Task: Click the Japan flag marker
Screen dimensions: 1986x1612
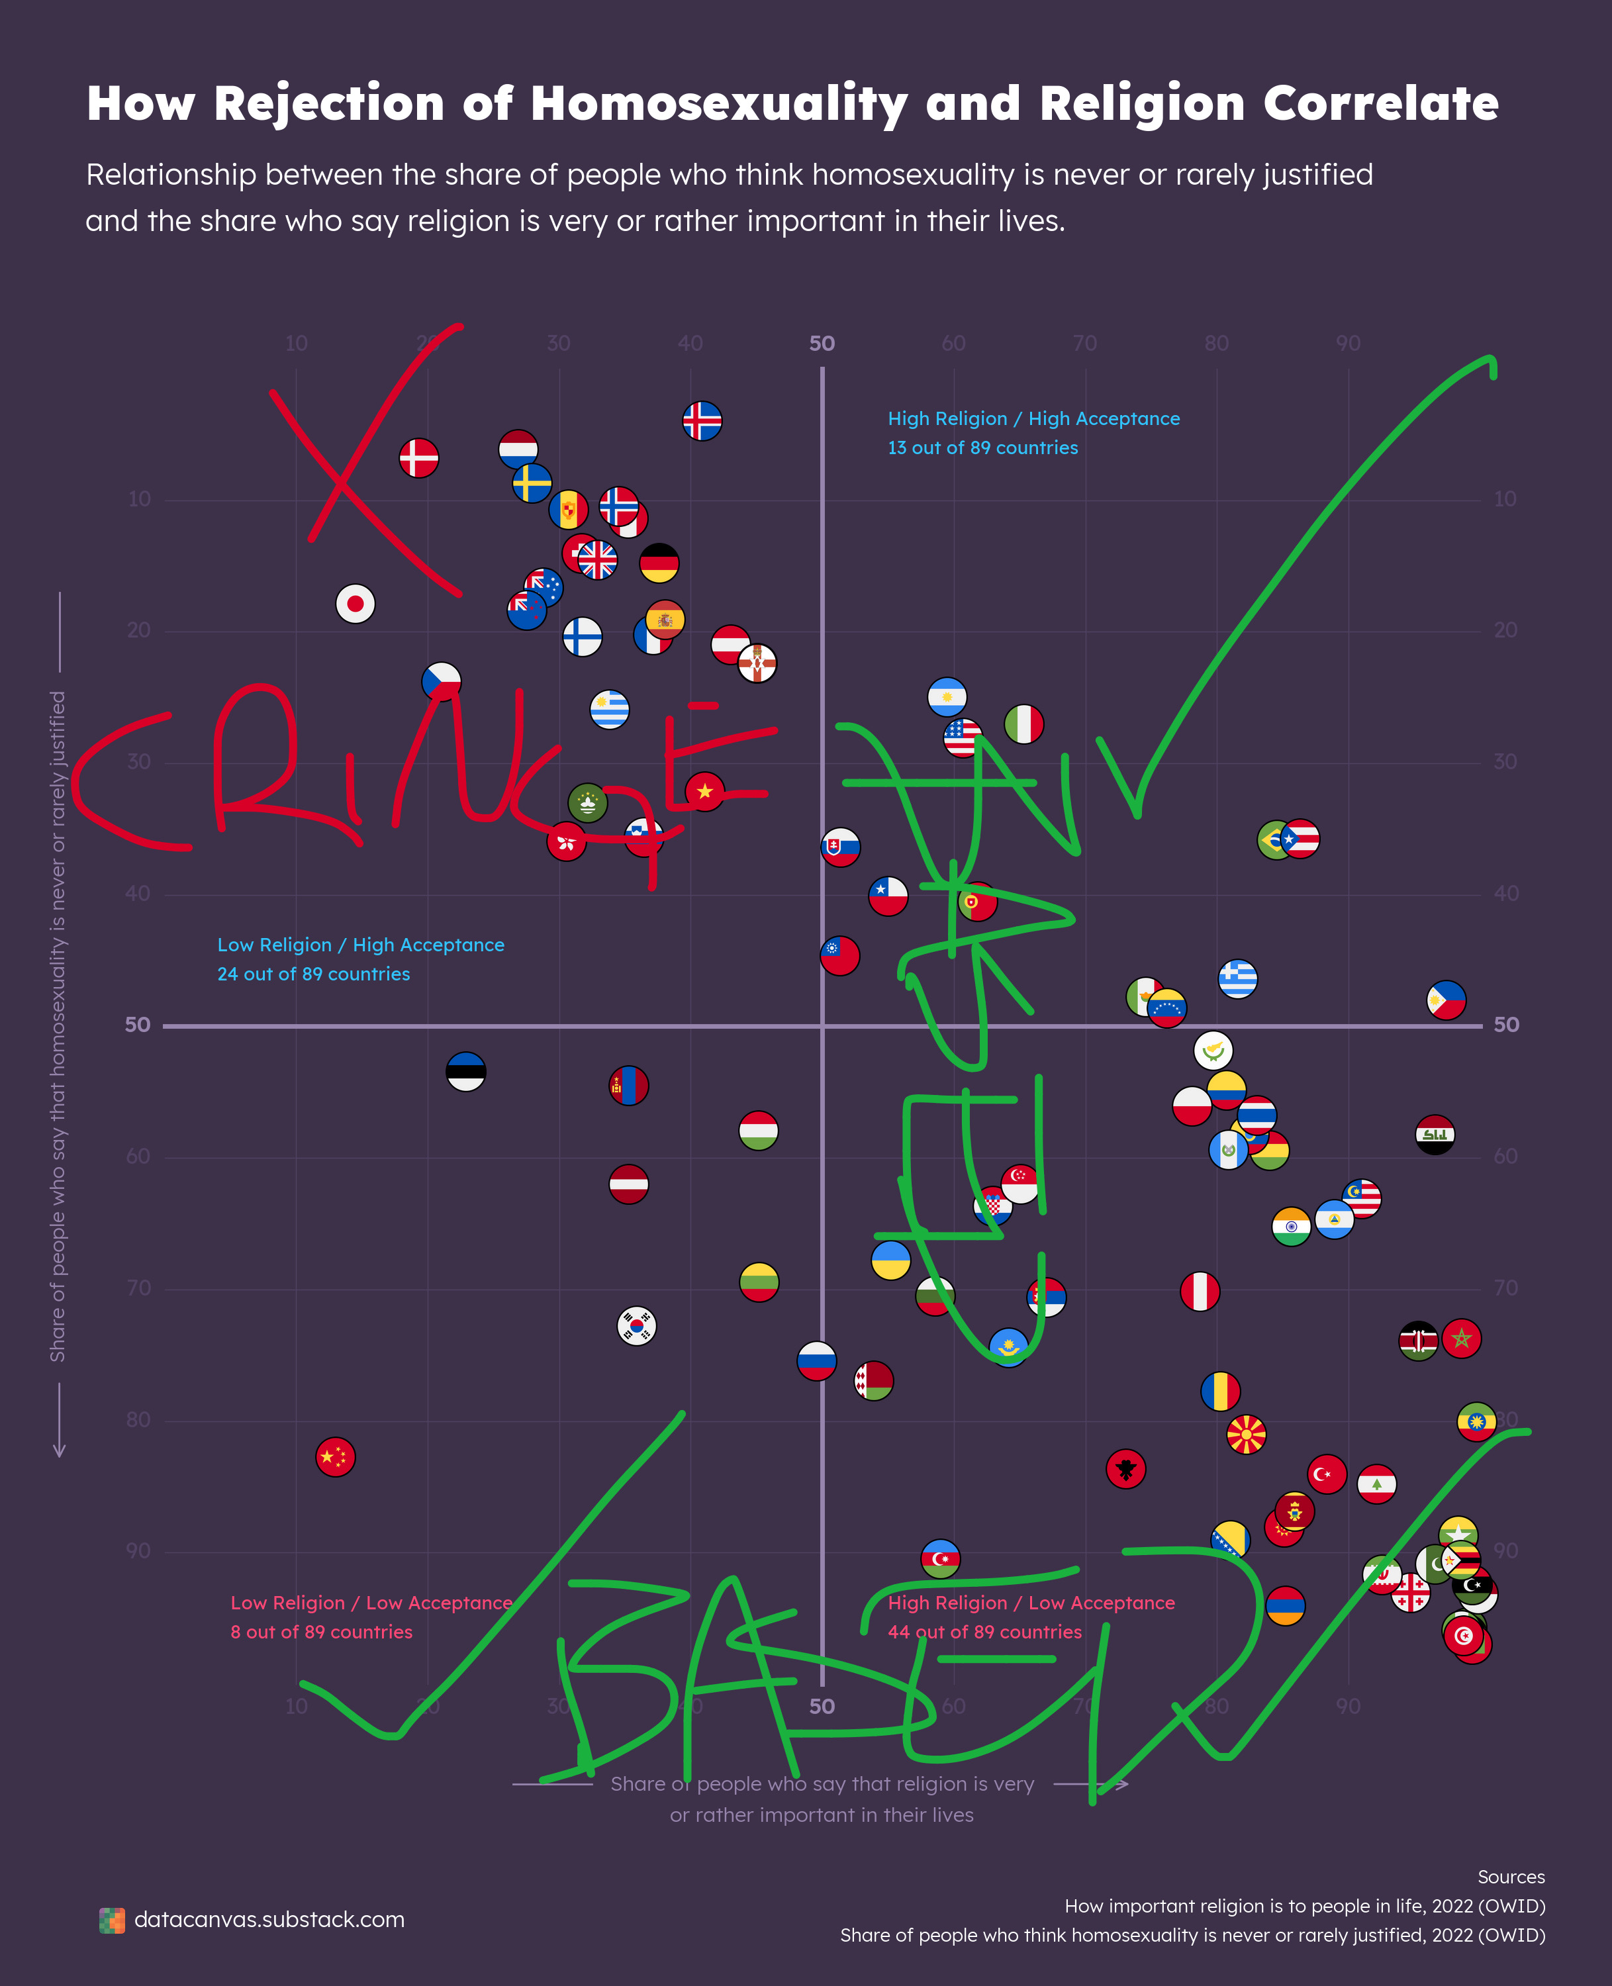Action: (355, 604)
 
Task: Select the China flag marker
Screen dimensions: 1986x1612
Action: (335, 1457)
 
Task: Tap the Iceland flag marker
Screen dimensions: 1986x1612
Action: (702, 420)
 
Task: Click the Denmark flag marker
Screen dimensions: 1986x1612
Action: (419, 457)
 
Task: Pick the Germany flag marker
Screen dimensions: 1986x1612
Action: (659, 563)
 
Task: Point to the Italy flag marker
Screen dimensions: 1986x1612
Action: (1023, 724)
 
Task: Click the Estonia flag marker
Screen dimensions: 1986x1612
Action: (466, 1072)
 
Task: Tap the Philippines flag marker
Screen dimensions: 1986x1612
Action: (1446, 1000)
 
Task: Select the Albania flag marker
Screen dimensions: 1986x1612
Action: (1125, 1469)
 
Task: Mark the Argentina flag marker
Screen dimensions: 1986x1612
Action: (947, 696)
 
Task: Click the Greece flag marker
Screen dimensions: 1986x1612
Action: (1238, 978)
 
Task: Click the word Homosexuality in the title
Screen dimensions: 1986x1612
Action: (719, 104)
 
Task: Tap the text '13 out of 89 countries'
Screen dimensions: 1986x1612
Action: (982, 448)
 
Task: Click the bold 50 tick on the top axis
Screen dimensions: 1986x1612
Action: (822, 344)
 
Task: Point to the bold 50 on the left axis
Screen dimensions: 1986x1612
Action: (138, 1025)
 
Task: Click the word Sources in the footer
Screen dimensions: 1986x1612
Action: (1511, 1877)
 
